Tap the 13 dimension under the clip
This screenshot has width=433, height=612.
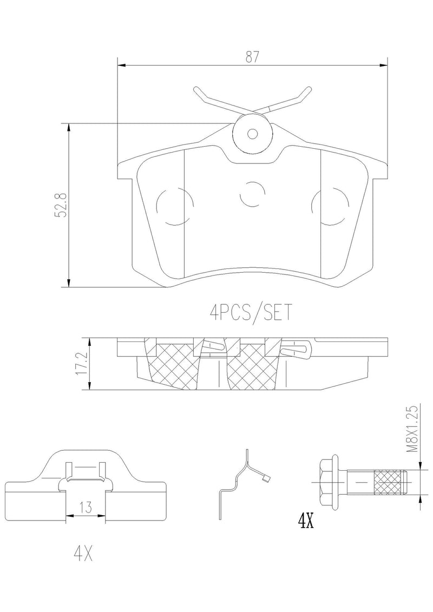tap(86, 508)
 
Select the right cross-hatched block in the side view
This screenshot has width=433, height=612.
tap(253, 366)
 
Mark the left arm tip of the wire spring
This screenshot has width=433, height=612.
tap(194, 89)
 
